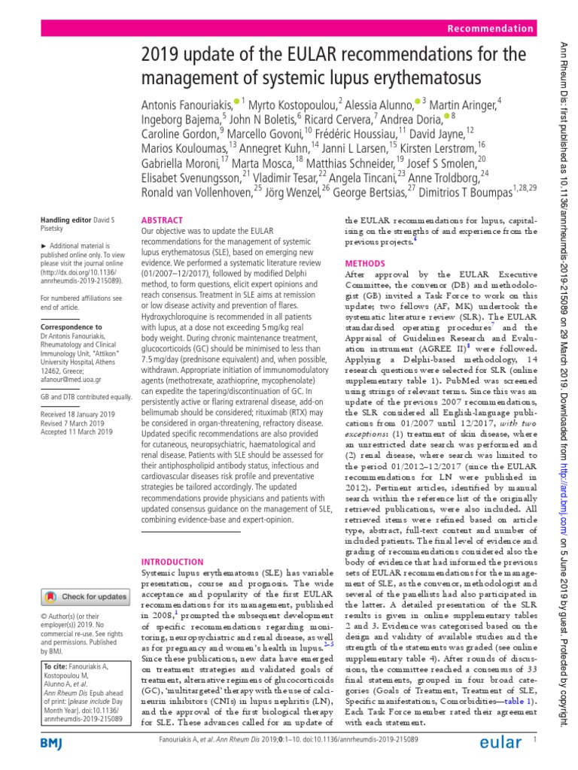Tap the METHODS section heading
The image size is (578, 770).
click(364, 264)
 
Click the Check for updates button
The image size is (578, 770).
click(84, 575)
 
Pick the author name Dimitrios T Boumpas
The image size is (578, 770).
click(463, 191)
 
